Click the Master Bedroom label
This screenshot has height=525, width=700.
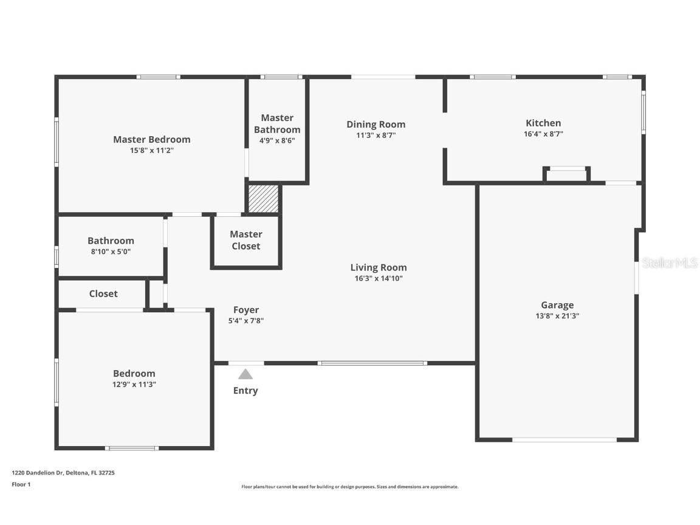pos(151,139)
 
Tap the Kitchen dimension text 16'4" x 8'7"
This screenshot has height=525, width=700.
pos(543,134)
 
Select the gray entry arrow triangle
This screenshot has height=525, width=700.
pos(245,374)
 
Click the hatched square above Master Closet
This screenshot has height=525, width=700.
pos(263,199)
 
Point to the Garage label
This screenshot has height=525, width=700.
pos(557,305)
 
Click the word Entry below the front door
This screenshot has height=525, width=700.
pos(245,391)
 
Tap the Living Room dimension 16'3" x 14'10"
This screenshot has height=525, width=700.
pos(378,279)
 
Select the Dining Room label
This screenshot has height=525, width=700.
pos(376,125)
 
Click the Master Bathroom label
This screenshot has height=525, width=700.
pos(277,123)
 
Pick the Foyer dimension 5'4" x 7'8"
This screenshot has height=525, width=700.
pos(245,321)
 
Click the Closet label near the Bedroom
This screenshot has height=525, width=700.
pos(103,293)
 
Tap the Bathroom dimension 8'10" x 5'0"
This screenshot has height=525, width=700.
pos(111,252)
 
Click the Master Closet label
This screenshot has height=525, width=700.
pos(246,240)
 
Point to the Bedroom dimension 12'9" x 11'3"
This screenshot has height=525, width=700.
pos(134,385)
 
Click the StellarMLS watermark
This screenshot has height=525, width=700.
pos(670,263)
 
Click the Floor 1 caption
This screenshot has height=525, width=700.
pos(21,484)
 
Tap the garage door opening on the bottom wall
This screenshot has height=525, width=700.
pos(564,439)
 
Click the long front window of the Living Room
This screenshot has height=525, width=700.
pos(372,363)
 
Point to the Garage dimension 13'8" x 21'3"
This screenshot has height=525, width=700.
pos(557,316)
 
